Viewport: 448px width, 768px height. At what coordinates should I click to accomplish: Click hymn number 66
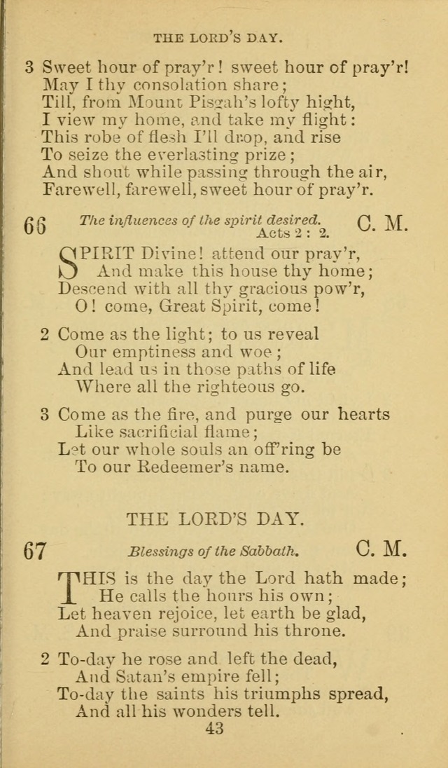coord(35,226)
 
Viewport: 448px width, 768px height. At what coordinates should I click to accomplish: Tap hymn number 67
coord(35,551)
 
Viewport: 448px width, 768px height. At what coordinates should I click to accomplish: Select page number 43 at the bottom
coord(214,729)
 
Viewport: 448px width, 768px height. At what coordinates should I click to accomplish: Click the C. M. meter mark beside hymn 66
coord(381,224)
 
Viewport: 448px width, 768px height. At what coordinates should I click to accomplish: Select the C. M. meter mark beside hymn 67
coord(381,549)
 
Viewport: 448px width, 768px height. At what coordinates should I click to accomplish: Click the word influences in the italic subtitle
coord(139,221)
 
